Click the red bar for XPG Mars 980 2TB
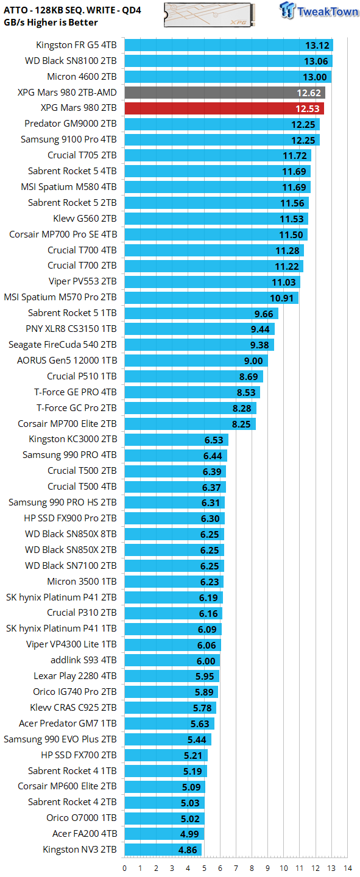coord(224,108)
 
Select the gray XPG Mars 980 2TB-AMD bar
coord(225,92)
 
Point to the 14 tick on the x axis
coord(347,868)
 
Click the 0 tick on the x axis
coord(125,868)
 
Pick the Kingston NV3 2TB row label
coord(79,849)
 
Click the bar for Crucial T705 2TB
coord(217,155)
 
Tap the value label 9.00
coord(253,361)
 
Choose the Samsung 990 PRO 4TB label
coord(69,455)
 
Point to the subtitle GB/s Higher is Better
coord(52,23)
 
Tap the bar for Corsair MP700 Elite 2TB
coord(190,423)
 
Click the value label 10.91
coord(282,297)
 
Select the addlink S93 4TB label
coord(83,660)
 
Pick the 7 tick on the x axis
coord(236,868)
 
